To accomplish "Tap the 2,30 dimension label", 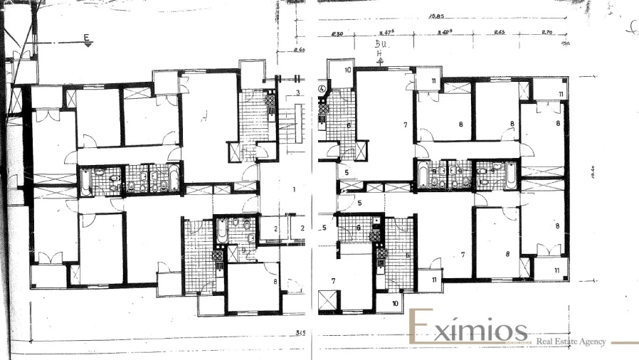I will (x=337, y=33).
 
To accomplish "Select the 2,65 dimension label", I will (x=499, y=33).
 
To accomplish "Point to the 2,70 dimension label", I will (x=547, y=33).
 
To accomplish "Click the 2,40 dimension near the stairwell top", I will (x=299, y=50).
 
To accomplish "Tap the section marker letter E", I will (x=87, y=38).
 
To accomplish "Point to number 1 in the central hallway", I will (x=293, y=190).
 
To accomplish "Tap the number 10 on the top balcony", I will (x=348, y=70).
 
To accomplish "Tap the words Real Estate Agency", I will (x=571, y=342).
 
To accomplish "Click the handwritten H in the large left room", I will (x=204, y=117).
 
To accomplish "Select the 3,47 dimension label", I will (x=387, y=33).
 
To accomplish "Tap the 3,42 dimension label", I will (x=445, y=33).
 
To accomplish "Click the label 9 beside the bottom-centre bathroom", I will (x=243, y=250).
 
